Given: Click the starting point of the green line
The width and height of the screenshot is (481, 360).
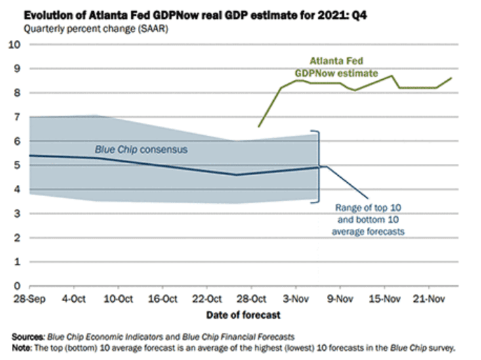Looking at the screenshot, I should click(258, 127).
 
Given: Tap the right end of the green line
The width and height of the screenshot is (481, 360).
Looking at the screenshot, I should click(452, 78).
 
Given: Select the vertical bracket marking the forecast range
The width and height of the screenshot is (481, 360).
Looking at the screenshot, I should click(319, 166).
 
